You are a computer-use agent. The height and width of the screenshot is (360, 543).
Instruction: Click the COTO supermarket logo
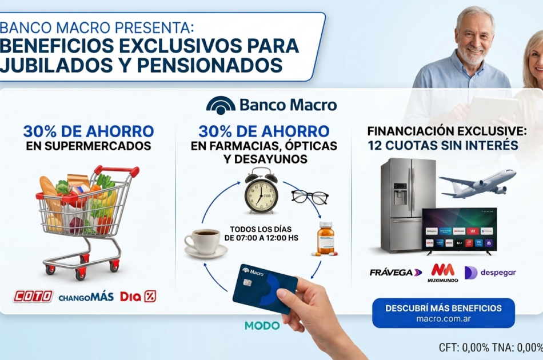point(33,297)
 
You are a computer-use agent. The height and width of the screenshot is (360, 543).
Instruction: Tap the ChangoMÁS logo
point(86,297)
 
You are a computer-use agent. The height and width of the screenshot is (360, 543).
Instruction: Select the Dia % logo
point(138,297)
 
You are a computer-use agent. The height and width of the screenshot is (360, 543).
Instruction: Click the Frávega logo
point(396,273)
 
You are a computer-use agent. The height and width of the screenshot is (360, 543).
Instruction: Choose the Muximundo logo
point(442,273)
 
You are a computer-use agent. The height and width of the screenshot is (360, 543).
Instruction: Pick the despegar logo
point(490,273)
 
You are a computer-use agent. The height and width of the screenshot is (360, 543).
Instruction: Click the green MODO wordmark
point(262,325)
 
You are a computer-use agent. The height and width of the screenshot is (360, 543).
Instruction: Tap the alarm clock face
point(261,196)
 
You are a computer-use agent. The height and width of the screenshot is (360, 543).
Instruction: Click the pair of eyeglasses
point(310,197)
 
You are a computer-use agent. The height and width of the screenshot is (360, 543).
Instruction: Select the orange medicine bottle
point(325,239)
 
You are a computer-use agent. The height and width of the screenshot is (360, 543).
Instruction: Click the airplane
point(477,183)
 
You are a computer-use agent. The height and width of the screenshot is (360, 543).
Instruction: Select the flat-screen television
point(459,230)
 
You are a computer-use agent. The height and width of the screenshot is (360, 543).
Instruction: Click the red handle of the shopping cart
point(117,170)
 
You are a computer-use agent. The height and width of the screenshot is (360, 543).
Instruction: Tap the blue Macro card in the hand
point(265,289)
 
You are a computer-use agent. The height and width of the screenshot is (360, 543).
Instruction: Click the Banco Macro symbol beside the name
point(221,105)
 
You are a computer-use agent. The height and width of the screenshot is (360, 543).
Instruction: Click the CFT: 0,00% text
point(464,347)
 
